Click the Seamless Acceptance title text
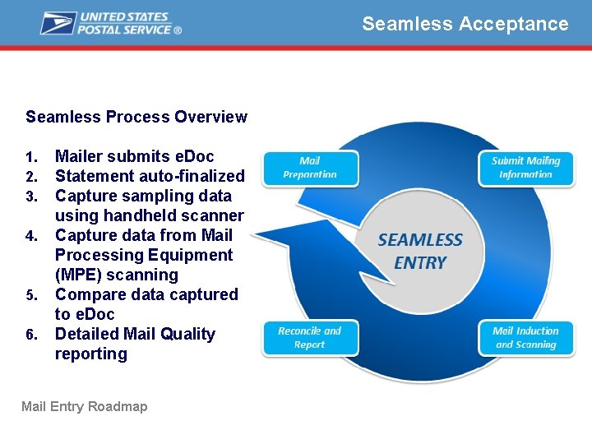click(x=465, y=24)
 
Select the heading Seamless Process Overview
click(x=136, y=117)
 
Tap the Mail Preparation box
click(x=310, y=168)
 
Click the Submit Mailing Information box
click(x=525, y=168)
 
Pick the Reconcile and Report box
click(x=310, y=338)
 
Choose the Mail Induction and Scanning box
click(x=525, y=338)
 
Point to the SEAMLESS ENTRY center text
click(x=420, y=252)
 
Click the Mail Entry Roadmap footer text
click(x=84, y=406)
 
